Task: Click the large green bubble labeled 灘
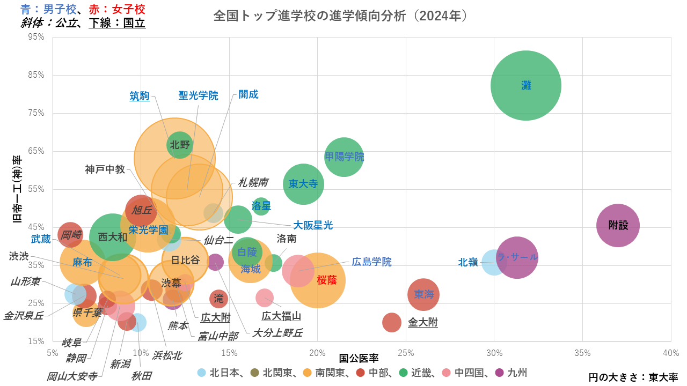526,85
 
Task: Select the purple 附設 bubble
618,225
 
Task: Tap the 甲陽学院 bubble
344,157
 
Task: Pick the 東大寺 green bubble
303,184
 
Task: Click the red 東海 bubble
423,294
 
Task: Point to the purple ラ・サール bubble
517,258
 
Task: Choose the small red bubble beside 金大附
392,322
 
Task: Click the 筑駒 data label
140,96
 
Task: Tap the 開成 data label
249,95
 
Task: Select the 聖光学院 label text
199,96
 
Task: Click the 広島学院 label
371,262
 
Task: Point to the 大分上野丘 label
277,333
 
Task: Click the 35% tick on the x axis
582,352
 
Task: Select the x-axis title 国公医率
359,357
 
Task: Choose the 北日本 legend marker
201,372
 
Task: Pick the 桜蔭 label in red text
327,280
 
